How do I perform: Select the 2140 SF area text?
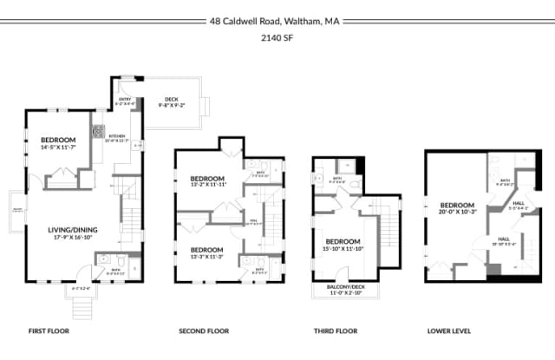click(277, 38)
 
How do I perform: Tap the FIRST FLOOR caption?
click(49, 331)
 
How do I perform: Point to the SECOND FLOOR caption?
click(204, 331)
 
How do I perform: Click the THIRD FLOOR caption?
click(336, 331)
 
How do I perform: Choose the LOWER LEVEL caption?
click(451, 331)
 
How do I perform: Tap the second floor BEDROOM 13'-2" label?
click(208, 180)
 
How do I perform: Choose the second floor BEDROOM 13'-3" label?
click(208, 252)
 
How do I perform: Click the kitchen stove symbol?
click(98, 132)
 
